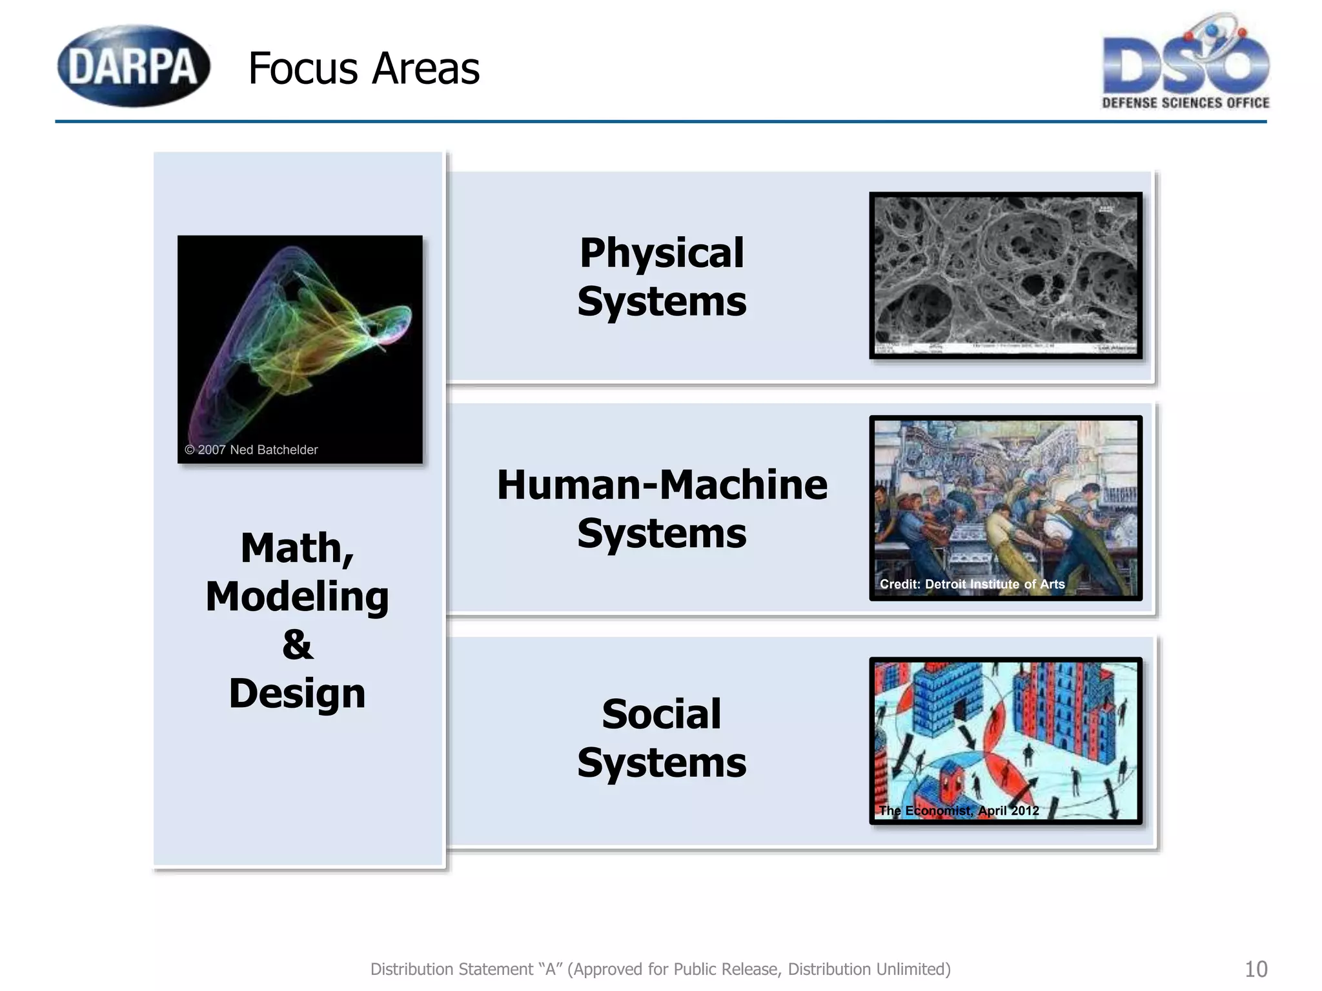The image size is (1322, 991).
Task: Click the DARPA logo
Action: [134, 66]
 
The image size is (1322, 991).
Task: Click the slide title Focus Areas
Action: [363, 68]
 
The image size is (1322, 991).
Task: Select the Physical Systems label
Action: [662, 277]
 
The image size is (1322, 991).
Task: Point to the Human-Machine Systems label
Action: [662, 509]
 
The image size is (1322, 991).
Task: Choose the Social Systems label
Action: [662, 738]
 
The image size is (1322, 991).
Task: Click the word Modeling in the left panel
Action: [298, 597]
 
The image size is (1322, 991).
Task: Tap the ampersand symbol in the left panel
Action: [298, 645]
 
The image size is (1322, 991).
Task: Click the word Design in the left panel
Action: [298, 694]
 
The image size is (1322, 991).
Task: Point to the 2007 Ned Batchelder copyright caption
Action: [251, 450]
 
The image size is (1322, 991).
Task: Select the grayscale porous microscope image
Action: [1006, 275]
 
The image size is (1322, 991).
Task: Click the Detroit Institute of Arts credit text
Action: [972, 585]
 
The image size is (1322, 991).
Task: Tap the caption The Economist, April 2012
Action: [959, 811]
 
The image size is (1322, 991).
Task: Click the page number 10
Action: [1256, 969]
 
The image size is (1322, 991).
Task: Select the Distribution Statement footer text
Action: [660, 969]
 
